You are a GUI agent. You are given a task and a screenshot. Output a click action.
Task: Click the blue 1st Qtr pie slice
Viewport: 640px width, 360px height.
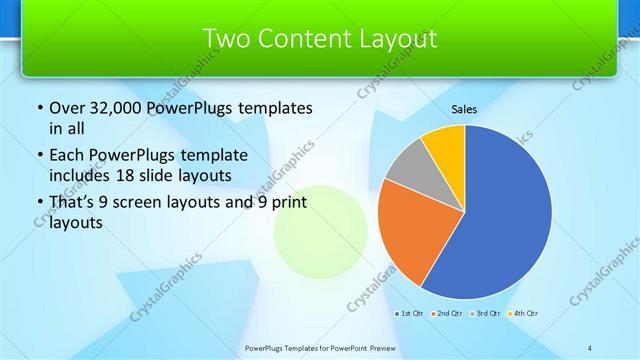coord(505,215)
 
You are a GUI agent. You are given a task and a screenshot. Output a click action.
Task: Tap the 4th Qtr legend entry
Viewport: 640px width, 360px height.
coord(523,314)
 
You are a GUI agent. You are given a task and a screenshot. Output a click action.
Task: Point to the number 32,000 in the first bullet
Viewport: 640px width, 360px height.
coord(118,107)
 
